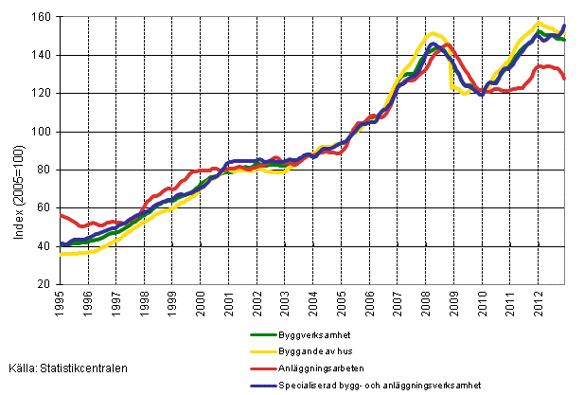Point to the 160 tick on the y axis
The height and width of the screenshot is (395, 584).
click(x=44, y=17)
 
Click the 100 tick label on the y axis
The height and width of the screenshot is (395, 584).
click(x=44, y=132)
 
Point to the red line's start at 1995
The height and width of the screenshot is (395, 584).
click(x=61, y=215)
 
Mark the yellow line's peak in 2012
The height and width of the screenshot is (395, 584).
click(x=540, y=23)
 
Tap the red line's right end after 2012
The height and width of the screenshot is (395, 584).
click(x=566, y=79)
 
